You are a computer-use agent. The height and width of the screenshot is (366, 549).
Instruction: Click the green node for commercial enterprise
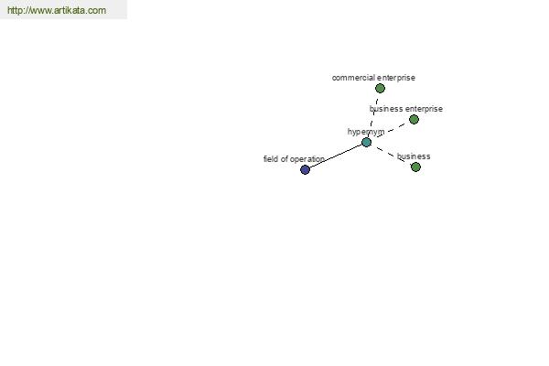[380, 88]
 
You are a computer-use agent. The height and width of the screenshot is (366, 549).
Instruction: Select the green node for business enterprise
[414, 120]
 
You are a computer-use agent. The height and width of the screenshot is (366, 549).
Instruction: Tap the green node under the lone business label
[415, 167]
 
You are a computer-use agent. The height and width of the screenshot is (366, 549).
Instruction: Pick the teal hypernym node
[366, 142]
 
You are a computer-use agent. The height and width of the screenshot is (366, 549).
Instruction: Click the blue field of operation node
[305, 169]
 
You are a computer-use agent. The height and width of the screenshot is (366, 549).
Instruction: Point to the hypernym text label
[366, 132]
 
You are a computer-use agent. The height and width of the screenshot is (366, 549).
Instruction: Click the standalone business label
[414, 156]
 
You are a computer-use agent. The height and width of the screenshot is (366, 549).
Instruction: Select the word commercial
[353, 78]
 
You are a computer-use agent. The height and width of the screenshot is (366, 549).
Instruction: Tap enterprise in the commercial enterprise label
[396, 78]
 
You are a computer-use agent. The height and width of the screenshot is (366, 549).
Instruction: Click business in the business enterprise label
[386, 109]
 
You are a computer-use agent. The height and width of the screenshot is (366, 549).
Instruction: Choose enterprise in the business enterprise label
[424, 109]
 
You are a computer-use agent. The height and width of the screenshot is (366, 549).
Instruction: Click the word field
[271, 159]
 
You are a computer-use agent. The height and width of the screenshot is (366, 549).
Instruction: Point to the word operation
[307, 159]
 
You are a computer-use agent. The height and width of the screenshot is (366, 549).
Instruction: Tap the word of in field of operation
[285, 159]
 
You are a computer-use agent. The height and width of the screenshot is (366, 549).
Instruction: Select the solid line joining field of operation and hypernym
[336, 156]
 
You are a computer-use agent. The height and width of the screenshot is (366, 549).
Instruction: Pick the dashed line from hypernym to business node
[391, 155]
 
